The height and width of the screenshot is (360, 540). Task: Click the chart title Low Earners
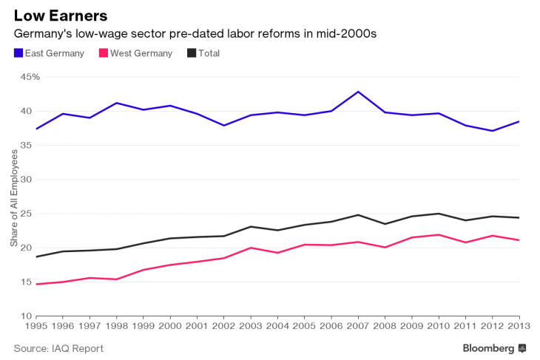coord(61,16)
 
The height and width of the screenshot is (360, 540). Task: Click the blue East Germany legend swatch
coord(18,53)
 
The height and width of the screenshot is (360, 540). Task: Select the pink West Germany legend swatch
coord(104,53)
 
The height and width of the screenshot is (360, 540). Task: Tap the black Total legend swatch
coord(192,53)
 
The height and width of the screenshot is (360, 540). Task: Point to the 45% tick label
coord(30,77)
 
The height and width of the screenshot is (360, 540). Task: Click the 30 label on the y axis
coord(26,180)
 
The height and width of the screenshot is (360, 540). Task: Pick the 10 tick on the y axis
coord(26,316)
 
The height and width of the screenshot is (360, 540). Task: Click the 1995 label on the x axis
coord(36,325)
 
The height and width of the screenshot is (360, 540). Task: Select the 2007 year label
coord(358,325)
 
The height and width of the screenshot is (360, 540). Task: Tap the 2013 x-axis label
coord(519,325)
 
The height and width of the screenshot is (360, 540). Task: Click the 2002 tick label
coord(224,325)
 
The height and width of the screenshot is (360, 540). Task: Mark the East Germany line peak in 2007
coord(358,92)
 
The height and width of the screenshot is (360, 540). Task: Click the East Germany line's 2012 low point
coord(493,131)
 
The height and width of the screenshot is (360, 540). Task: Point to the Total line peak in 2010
coord(439,214)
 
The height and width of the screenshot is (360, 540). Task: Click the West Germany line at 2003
coord(251,248)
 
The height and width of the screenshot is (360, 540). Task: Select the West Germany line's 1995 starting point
coord(36,285)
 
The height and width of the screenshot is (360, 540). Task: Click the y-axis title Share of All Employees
coord(14,198)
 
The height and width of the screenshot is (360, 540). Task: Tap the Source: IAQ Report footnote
coord(58,348)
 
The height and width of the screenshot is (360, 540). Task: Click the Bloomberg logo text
coord(488,348)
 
